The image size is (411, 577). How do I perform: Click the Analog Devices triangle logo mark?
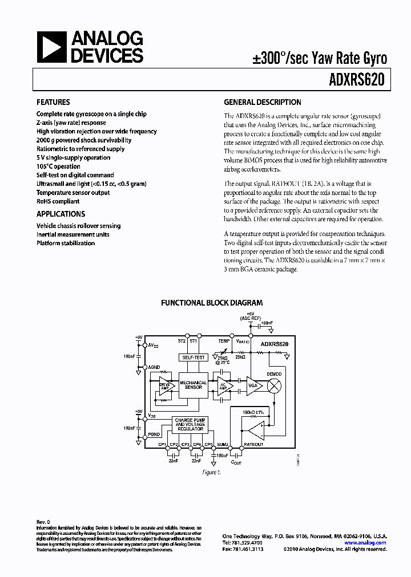tap(51, 47)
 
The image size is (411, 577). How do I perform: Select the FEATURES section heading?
tap(54, 103)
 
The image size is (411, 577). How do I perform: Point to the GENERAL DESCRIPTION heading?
tap(262, 103)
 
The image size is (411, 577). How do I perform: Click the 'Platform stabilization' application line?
tap(66, 243)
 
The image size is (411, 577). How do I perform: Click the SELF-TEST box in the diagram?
tap(192, 357)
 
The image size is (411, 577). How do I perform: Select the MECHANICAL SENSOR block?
tap(193, 385)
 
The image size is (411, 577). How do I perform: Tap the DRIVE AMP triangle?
tap(166, 385)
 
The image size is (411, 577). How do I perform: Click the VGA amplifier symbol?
tap(252, 385)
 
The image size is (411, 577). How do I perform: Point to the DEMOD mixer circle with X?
tap(274, 385)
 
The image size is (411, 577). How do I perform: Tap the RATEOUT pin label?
tap(253, 444)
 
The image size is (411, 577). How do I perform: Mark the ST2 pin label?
tap(182, 341)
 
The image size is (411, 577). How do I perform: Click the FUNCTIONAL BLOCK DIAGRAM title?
tap(211, 303)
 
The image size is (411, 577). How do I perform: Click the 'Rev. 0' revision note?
tap(43, 522)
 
